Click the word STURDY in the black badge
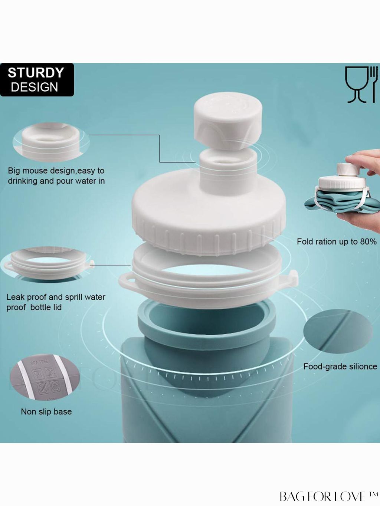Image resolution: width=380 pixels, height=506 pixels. pyautogui.click(x=36, y=73)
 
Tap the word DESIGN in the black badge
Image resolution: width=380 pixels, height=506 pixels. pyautogui.click(x=35, y=87)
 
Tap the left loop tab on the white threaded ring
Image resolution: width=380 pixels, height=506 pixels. pyautogui.click(x=127, y=280)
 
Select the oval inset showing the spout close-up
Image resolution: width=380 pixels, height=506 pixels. pyautogui.click(x=51, y=142)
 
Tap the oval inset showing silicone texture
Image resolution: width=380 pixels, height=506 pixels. pyautogui.click(x=338, y=332)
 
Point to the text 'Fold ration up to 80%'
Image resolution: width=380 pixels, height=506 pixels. pyautogui.click(x=337, y=241)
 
